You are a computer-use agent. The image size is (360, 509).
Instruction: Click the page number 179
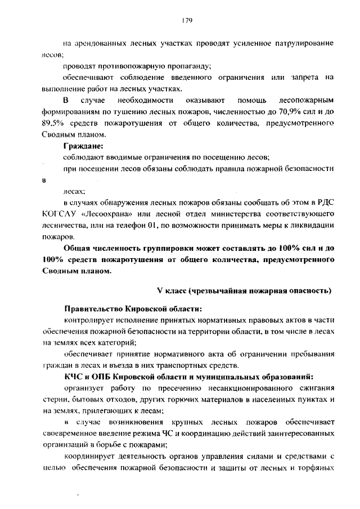pos(188,20)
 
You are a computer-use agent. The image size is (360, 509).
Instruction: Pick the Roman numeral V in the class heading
pos(160,291)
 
